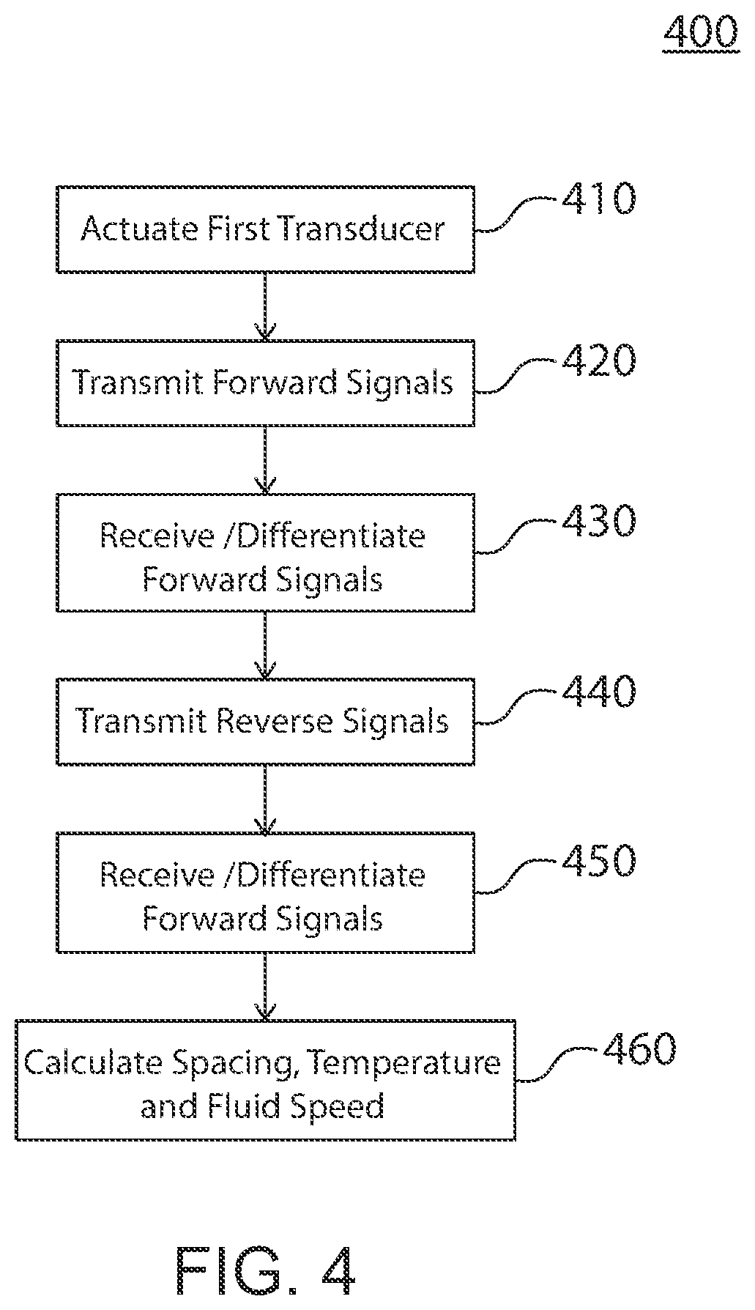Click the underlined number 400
click(x=701, y=32)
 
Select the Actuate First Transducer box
click(x=265, y=229)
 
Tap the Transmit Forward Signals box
click(x=265, y=382)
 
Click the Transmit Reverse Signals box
click(x=265, y=722)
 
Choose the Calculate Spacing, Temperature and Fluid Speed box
click(x=265, y=1080)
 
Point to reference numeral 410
click(x=598, y=199)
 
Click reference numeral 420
click(x=598, y=361)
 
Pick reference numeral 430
click(x=598, y=522)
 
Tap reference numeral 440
click(x=598, y=692)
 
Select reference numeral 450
click(x=598, y=861)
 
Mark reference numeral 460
click(x=639, y=1048)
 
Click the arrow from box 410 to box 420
click(x=265, y=306)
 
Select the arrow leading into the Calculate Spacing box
click(x=265, y=986)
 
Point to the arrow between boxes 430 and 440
click(x=265, y=645)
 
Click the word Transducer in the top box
click(x=361, y=229)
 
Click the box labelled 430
click(x=265, y=552)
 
